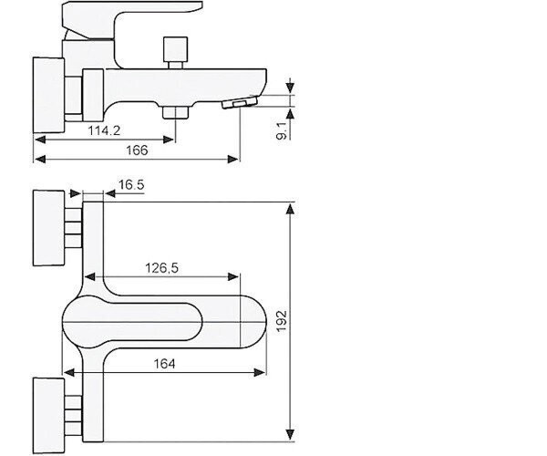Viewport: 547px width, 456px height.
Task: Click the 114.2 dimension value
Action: (104, 130)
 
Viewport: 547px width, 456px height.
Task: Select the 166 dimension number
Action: (137, 150)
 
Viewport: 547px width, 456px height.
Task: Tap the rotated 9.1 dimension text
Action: (282, 130)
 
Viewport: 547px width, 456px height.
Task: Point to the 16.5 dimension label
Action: (131, 184)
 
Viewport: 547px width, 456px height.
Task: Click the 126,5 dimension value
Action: (161, 268)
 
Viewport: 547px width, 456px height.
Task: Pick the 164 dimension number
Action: (165, 364)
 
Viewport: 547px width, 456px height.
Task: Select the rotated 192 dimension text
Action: (282, 321)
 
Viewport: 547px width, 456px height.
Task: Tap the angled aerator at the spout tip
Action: (240, 103)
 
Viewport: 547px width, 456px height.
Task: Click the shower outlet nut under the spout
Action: (175, 112)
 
